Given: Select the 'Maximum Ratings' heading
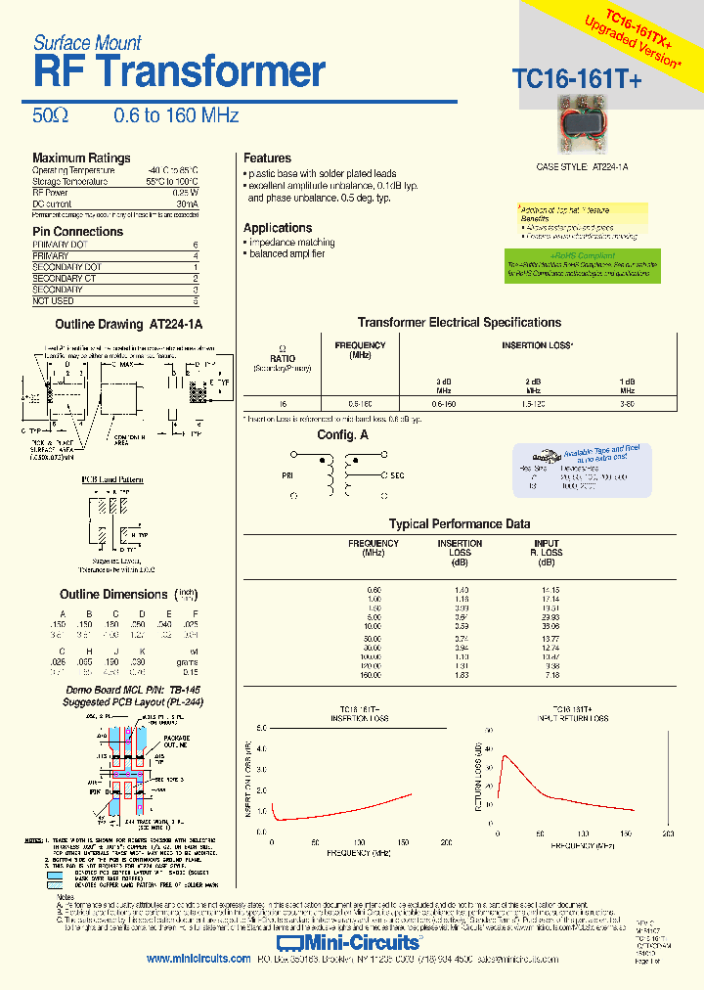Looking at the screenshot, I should (x=81, y=158).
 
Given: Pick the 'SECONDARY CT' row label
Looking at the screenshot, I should (x=65, y=279).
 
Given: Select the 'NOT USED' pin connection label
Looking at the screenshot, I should (x=54, y=301).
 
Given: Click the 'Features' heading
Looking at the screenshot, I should (x=267, y=158).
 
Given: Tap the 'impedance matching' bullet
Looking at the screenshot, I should (x=290, y=242).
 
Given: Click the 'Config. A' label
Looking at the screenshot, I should (x=342, y=434).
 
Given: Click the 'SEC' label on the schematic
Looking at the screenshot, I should (x=397, y=475).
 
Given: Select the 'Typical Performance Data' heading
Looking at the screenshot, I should (x=459, y=524).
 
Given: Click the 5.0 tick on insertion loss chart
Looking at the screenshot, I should (x=261, y=729).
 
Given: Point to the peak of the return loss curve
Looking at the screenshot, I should (x=505, y=755).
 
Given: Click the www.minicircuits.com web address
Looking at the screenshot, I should (x=198, y=960).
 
